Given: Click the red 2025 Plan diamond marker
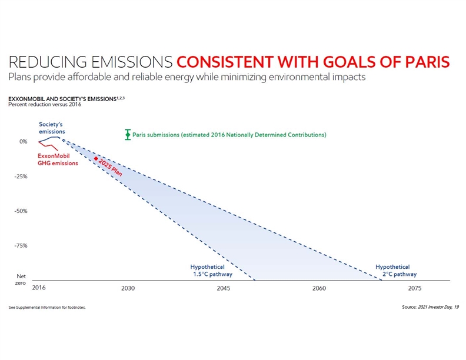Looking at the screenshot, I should (95, 159).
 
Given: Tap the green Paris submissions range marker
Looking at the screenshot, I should (127, 135).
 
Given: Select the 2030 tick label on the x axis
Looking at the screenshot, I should (128, 288).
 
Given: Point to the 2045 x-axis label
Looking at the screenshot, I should (224, 288).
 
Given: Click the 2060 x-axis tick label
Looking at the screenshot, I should (319, 288).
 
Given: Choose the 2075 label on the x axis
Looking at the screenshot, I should (414, 288).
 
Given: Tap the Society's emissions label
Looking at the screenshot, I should (52, 128).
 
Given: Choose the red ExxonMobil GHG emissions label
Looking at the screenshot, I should (58, 159).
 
